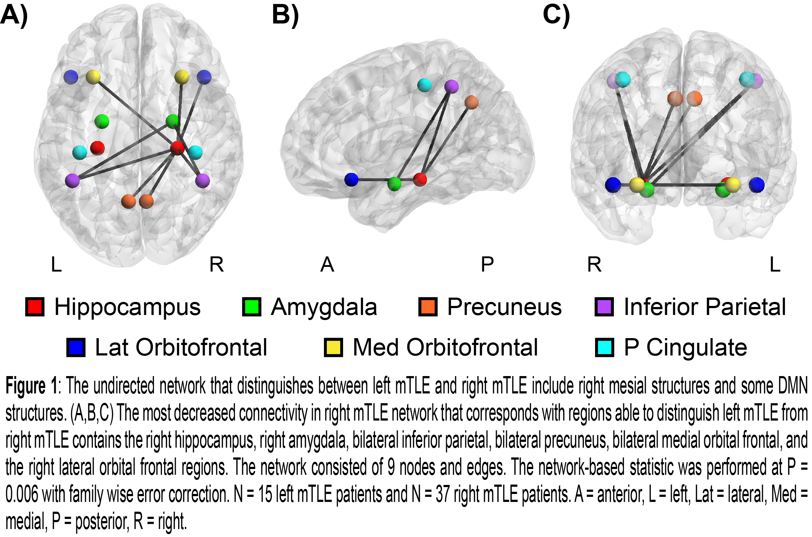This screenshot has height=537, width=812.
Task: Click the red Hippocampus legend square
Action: click(35, 307)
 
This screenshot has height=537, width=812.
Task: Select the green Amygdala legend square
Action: click(251, 307)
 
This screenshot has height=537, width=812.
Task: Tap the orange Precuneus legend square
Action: click(428, 307)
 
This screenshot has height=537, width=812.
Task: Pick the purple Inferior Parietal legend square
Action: click(604, 307)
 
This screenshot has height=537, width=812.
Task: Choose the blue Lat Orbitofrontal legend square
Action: click(76, 348)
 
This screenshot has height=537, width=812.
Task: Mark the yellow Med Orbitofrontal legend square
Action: click(333, 348)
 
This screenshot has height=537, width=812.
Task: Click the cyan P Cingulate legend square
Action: click(604, 348)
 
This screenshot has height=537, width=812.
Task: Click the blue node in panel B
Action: click(351, 179)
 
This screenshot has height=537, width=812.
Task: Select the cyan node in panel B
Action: click(424, 85)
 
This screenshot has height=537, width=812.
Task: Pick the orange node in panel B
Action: click(471, 102)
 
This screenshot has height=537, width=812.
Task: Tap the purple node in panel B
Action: click(451, 86)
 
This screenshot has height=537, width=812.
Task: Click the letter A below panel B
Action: click(327, 264)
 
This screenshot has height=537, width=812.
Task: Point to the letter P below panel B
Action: click(487, 264)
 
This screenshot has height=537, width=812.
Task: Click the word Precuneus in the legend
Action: click(504, 307)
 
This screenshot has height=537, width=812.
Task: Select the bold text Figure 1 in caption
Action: click(31, 386)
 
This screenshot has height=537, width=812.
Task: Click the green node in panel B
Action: click(394, 184)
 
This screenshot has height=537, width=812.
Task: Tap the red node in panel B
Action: click(420, 179)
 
